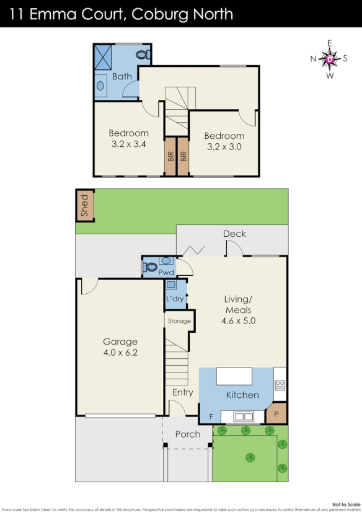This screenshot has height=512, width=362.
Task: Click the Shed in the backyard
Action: tap(84, 206)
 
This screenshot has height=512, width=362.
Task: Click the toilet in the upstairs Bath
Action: tap(144, 55)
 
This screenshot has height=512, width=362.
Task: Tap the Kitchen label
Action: tap(242, 395)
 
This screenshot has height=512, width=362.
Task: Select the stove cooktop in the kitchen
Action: tap(280, 385)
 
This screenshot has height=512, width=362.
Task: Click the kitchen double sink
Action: tap(244, 417)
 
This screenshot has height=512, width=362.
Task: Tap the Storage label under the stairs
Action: tap(179, 322)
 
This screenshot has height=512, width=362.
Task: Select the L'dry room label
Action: tap(174, 299)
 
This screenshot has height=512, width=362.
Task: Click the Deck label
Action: tap(234, 234)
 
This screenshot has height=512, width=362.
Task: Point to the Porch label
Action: tap(187, 434)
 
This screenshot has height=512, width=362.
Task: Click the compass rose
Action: tap(330, 60)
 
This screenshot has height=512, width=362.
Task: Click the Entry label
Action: tap(182, 392)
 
